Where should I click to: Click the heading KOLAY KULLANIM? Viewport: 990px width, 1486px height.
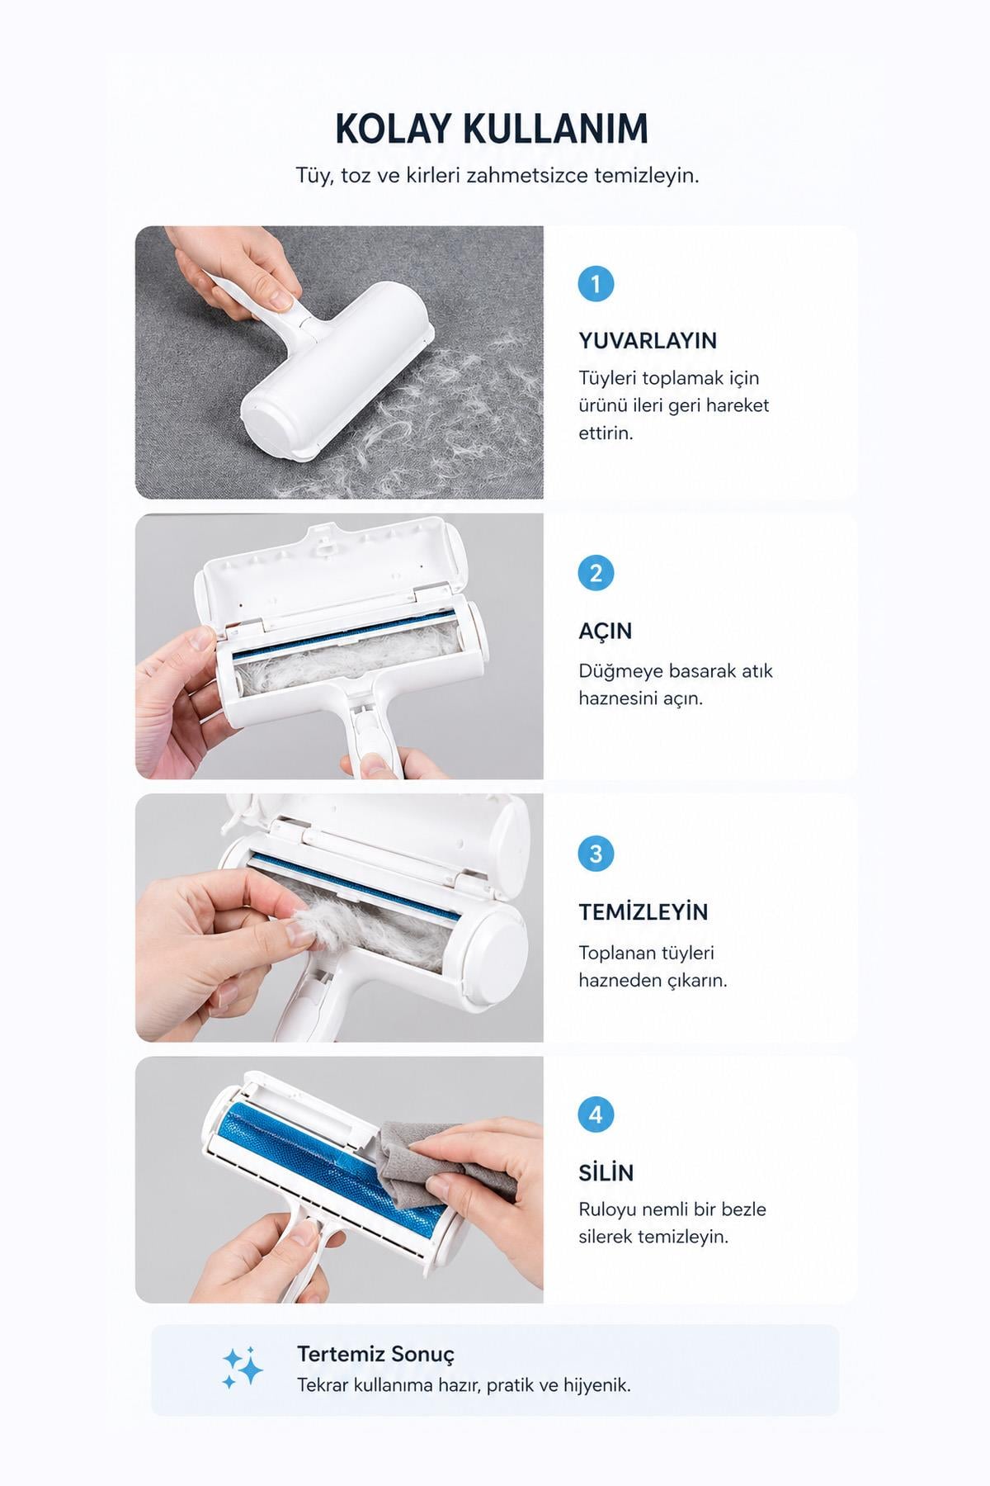pos(492,129)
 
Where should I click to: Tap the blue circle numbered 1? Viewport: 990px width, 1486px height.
pos(596,284)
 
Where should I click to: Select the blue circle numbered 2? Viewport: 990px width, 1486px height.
pos(596,573)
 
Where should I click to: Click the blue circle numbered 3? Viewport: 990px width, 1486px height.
pos(596,854)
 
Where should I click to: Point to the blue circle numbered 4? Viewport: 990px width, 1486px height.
pos(596,1115)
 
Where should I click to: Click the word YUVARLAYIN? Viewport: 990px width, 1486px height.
pos(648,341)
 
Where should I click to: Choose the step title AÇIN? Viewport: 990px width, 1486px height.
pos(606,632)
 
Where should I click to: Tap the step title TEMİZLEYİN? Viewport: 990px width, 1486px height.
pos(643,912)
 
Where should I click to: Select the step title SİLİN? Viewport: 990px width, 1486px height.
pos(606,1173)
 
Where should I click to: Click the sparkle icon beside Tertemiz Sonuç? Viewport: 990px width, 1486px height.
pos(243,1369)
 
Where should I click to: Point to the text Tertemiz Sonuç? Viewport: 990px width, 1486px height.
pos(375,1354)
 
